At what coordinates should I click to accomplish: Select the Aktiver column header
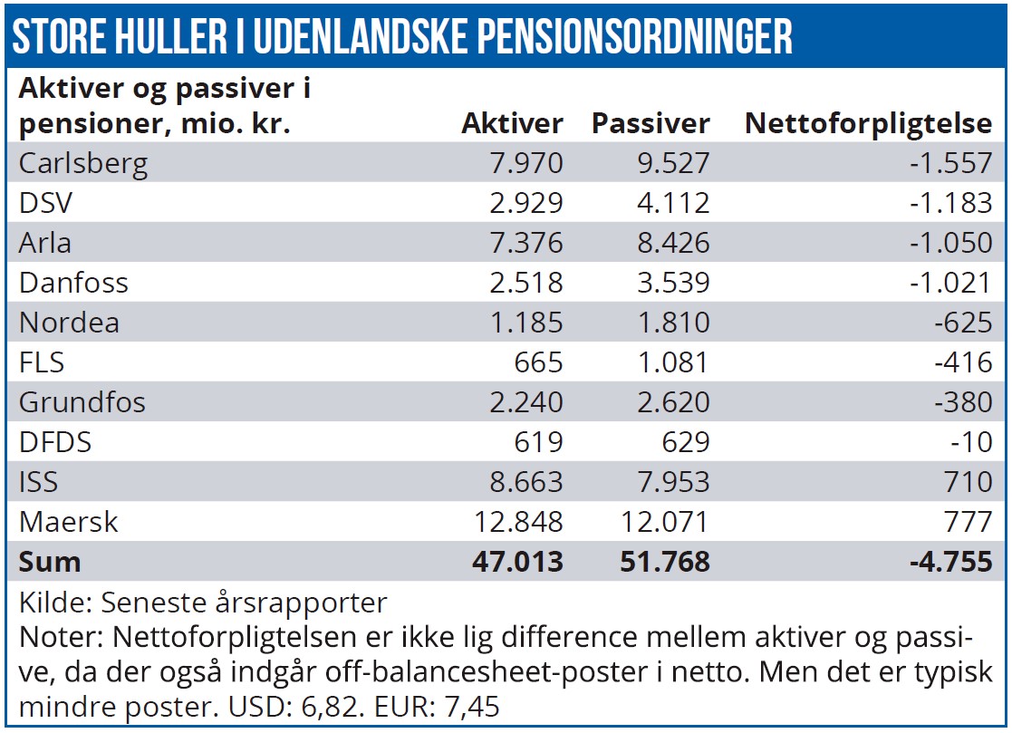pos(512,124)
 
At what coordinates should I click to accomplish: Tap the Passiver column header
pos(651,124)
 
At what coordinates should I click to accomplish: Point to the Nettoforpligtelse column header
pos(868,124)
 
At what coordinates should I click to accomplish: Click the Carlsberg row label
pos(83,164)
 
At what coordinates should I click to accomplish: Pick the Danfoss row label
pos(73,283)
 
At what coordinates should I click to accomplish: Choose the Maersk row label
pos(68,522)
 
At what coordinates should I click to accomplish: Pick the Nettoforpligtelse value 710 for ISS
pos(968,482)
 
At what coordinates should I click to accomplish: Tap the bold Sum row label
pos(50,562)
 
